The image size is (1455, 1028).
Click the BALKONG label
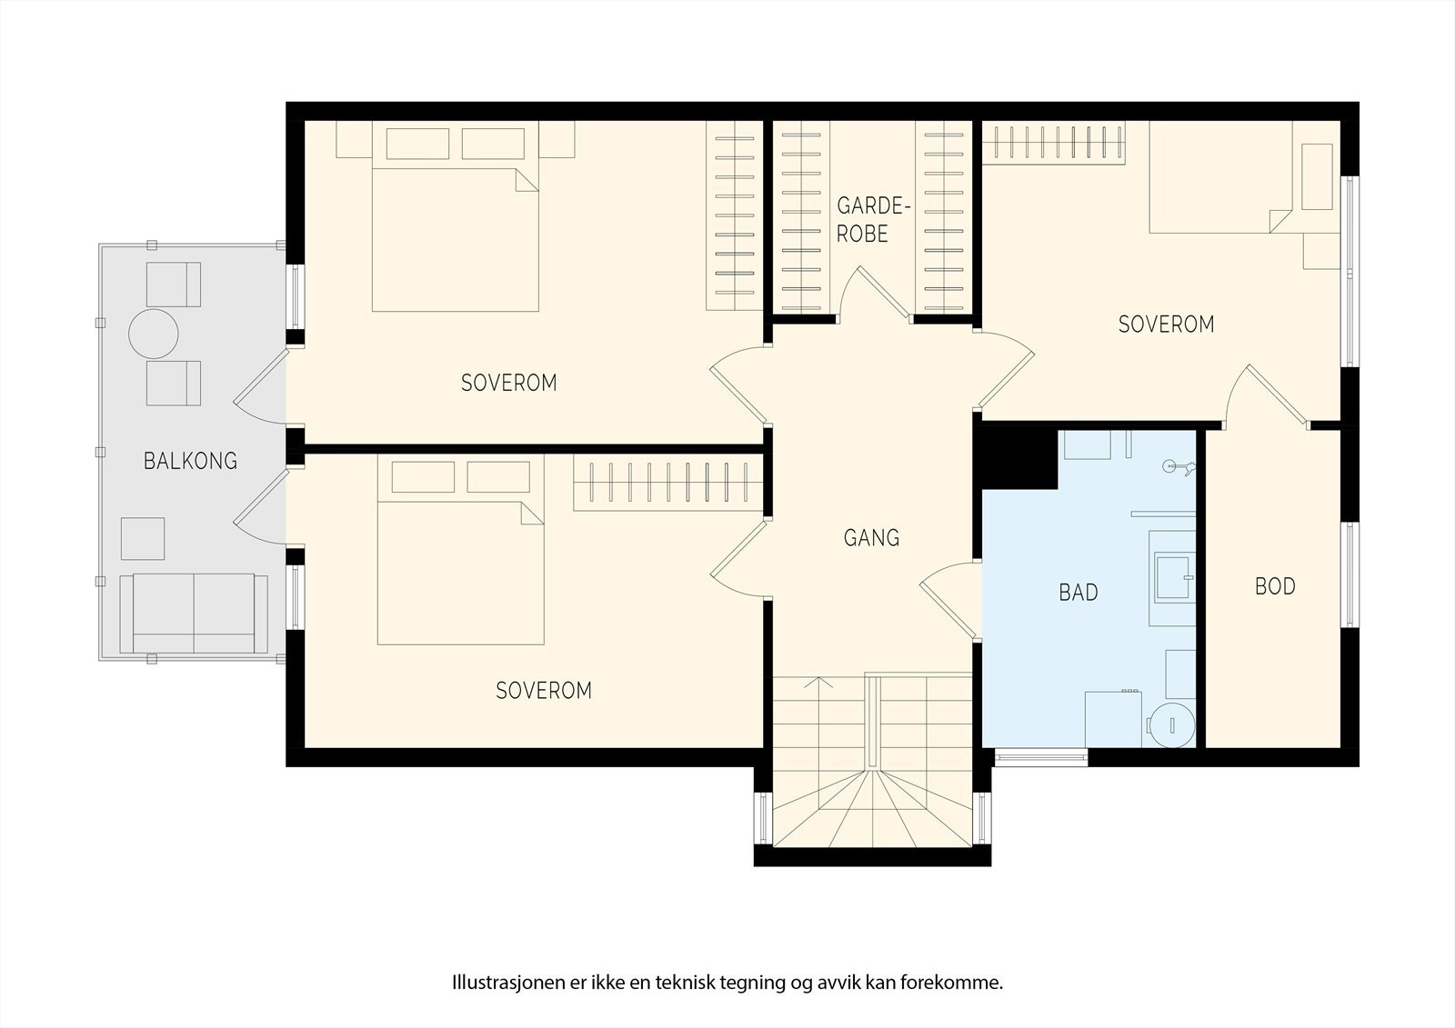point(190,461)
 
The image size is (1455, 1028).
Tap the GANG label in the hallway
point(872,538)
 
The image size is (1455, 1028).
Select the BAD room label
point(1079,593)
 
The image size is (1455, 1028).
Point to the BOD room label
point(1275,586)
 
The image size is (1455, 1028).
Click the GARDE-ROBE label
point(869,219)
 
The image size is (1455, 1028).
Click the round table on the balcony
point(154,334)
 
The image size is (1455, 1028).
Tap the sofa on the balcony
point(194,613)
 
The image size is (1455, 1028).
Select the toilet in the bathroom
point(1170,724)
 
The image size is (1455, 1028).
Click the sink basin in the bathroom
point(1174,576)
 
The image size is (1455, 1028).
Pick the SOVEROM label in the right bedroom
point(1166,324)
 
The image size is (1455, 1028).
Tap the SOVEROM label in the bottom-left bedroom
point(544,690)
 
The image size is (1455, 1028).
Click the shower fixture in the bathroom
point(1179,466)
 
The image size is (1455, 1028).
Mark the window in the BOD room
point(1350,574)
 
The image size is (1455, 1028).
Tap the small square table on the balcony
point(143,538)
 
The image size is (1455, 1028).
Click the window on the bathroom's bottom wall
point(1041,757)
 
